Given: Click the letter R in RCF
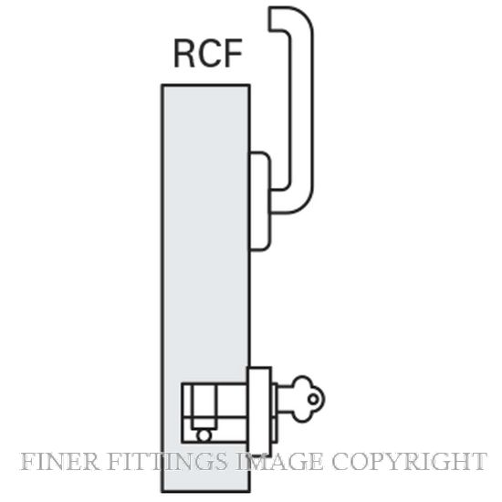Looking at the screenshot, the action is click(x=184, y=53).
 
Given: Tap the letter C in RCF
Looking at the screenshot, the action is click(x=208, y=53).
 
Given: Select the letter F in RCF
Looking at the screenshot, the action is click(x=233, y=53).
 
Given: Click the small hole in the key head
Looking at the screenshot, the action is click(x=313, y=399).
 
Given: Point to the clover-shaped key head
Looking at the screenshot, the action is click(x=308, y=399).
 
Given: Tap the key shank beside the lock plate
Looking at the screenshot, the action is click(x=285, y=399).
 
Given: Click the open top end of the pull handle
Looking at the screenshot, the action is click(x=270, y=18).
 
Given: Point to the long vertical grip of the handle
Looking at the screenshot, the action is click(x=302, y=109).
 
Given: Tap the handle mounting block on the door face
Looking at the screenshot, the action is click(x=260, y=201).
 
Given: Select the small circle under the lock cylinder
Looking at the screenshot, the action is click(x=204, y=435).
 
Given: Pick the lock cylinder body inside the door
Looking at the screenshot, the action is click(x=214, y=413).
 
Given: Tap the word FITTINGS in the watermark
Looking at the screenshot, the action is click(x=167, y=462).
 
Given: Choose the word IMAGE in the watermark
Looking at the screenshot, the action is click(x=278, y=462).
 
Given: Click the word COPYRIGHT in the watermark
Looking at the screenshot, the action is click(x=409, y=462).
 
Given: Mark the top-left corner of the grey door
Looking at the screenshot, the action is click(x=162, y=85).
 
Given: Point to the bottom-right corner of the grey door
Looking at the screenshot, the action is click(x=249, y=491).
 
